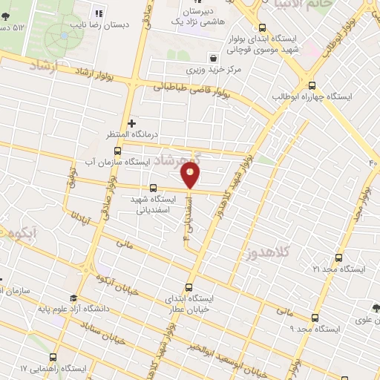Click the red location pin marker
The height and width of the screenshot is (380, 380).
(x=191, y=176)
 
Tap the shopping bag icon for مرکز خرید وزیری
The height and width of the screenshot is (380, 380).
(x=213, y=57)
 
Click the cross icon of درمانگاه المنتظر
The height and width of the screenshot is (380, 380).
(x=131, y=123)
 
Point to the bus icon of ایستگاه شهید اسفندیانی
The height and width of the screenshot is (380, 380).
(x=154, y=188)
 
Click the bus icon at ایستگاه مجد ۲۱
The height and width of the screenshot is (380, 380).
(x=338, y=258)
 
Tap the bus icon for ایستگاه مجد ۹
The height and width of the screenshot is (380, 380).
(x=315, y=318)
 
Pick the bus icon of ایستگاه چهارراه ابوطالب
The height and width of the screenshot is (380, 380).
(x=311, y=85)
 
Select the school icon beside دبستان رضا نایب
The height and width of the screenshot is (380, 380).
(x=98, y=13)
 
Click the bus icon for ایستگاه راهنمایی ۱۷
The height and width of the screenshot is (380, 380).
(x=57, y=356)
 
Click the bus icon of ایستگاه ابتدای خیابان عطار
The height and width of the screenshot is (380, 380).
(x=188, y=287)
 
